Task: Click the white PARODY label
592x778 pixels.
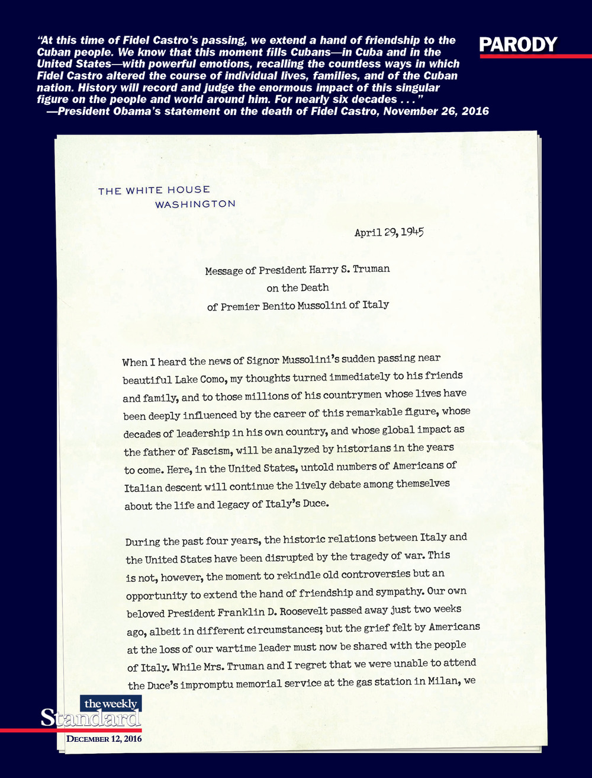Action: pos(518,44)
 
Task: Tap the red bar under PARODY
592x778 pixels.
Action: pos(536,56)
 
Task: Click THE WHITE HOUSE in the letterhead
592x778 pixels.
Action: pos(154,190)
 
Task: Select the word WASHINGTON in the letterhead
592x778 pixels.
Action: pos(195,204)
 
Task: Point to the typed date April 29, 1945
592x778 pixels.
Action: pos(388,232)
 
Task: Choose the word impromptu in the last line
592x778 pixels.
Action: pos(199,684)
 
